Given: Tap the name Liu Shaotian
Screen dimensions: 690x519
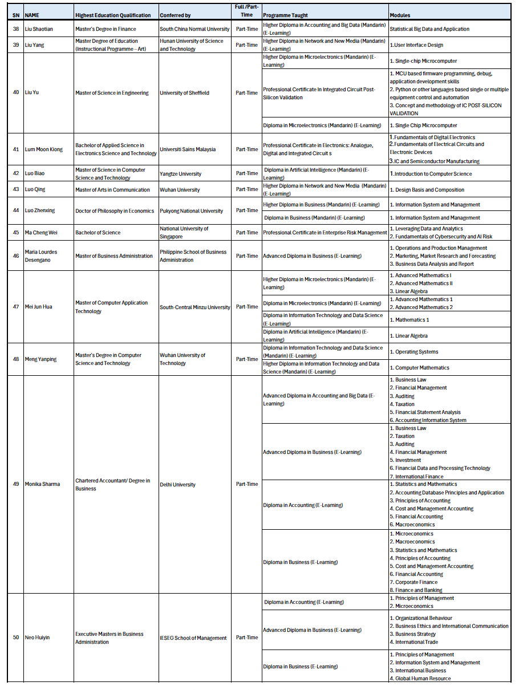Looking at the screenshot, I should pos(39,29).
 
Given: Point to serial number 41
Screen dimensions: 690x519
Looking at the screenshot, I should pos(16,149).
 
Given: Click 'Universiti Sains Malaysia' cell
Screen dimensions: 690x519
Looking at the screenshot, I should pos(188,149).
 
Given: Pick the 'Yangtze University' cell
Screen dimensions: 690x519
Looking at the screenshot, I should pos(180,174).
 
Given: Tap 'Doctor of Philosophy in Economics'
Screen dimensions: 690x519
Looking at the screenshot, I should pos(115,211).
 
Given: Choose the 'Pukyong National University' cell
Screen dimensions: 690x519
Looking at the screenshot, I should pos(192,211).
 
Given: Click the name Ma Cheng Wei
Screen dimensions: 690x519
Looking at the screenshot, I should pos(42,233).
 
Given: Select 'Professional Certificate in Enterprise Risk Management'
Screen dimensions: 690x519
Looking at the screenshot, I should pos(325,233).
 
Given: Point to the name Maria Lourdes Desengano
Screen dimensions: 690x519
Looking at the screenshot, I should pos(41,256).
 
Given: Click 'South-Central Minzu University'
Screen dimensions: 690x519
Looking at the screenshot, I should pos(195,307).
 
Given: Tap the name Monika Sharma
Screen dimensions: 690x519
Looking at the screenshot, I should pos(42,484).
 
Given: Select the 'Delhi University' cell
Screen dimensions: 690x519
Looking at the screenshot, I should pos(177,485).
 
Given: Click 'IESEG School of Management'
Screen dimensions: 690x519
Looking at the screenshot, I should pos(193,638).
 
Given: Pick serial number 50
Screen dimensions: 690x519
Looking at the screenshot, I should pos(16,638).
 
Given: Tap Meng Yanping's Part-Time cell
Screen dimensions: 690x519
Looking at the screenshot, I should pos(247,359).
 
